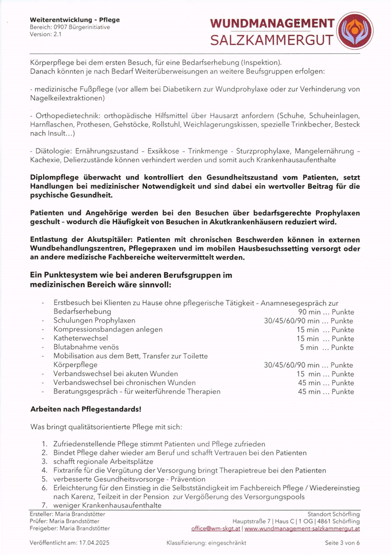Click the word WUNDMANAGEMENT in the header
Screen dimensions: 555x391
(x=272, y=24)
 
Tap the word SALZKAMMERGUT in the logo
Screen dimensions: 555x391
(x=272, y=40)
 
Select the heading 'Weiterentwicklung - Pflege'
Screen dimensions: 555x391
(x=75, y=20)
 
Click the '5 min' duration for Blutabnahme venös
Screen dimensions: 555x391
(x=309, y=347)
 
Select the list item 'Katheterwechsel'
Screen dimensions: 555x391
(x=80, y=338)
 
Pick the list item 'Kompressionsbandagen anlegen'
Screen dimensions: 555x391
(x=108, y=329)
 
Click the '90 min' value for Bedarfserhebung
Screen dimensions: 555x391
(x=309, y=311)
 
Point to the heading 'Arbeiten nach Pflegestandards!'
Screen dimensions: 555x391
(x=86, y=409)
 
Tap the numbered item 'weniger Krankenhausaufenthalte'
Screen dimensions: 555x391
(x=107, y=505)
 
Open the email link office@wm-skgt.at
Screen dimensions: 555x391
(x=215, y=528)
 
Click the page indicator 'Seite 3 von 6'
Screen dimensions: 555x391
(x=342, y=543)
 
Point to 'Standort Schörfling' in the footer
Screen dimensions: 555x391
(x=333, y=514)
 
